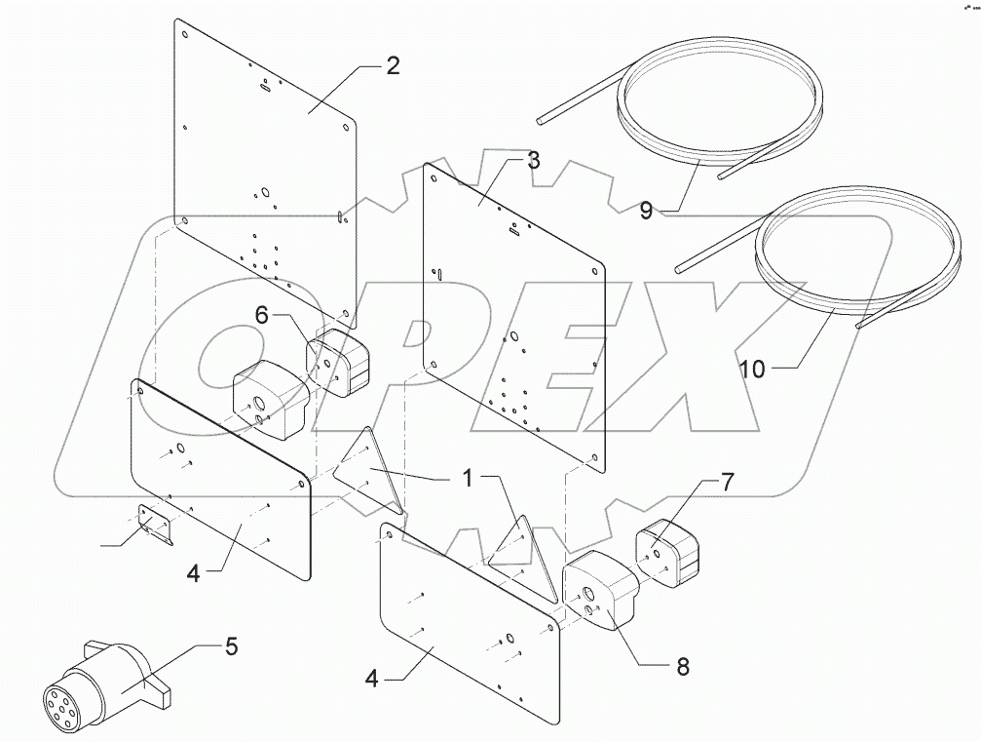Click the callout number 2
(392, 66)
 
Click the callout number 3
(533, 161)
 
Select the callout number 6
(261, 314)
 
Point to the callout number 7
(728, 481)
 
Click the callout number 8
(682, 667)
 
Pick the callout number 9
(647, 210)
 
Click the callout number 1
(468, 478)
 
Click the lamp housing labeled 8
(598, 591)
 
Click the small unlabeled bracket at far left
(154, 525)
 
